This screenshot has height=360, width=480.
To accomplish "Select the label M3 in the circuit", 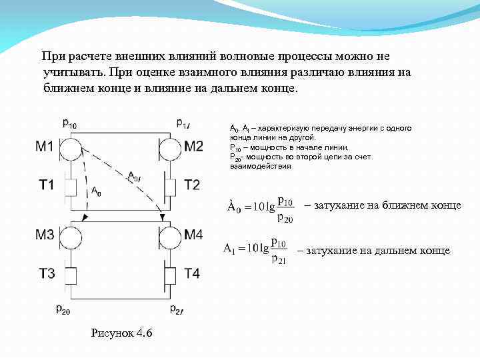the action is (45, 235).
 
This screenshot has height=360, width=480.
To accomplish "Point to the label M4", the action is (193, 235).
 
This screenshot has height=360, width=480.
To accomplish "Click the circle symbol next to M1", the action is (71, 147).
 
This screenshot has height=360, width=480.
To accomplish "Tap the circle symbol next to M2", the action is (167, 147).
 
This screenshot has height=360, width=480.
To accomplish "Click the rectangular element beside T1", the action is (71, 186).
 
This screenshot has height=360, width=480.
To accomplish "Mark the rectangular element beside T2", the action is (169, 186).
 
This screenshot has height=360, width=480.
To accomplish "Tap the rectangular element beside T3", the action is (71, 274).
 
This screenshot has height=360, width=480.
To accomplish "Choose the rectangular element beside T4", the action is (169, 274).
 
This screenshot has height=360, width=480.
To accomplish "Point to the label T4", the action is (192, 273).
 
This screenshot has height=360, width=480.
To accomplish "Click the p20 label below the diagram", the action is (63, 309).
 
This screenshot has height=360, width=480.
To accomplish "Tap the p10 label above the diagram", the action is (69, 122).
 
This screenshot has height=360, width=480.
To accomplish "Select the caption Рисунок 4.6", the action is (121, 333).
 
